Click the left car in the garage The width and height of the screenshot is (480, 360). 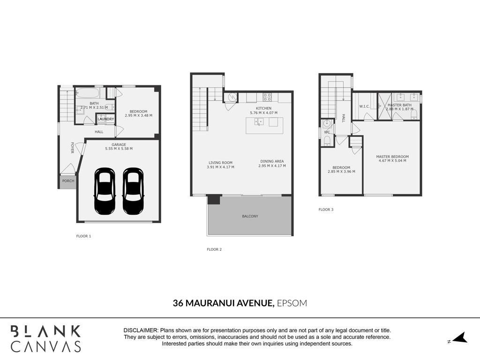(x=105, y=191)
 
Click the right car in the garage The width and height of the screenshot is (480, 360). (x=133, y=191)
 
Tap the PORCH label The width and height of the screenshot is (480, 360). (x=68, y=181)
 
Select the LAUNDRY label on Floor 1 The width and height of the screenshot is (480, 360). (x=106, y=119)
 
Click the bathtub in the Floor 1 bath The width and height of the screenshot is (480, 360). (x=87, y=93)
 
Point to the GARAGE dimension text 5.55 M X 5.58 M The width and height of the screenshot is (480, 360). (x=119, y=149)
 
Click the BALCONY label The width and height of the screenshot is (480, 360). (x=250, y=216)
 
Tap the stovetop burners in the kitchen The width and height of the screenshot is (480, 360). (x=267, y=97)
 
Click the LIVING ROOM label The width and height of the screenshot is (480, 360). (x=220, y=163)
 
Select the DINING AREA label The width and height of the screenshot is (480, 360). (x=272, y=161)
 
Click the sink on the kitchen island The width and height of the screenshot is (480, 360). (x=259, y=122)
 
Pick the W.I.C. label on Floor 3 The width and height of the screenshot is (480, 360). (x=364, y=106)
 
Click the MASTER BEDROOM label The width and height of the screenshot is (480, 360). (x=392, y=157)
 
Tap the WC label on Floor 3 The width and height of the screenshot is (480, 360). (x=327, y=133)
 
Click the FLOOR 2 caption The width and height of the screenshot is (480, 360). (x=214, y=249)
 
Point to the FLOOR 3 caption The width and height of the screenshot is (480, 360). (x=326, y=210)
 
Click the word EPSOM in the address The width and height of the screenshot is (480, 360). (x=292, y=303)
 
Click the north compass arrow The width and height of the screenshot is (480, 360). (x=460, y=337)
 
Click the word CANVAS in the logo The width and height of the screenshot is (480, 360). (x=46, y=346)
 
